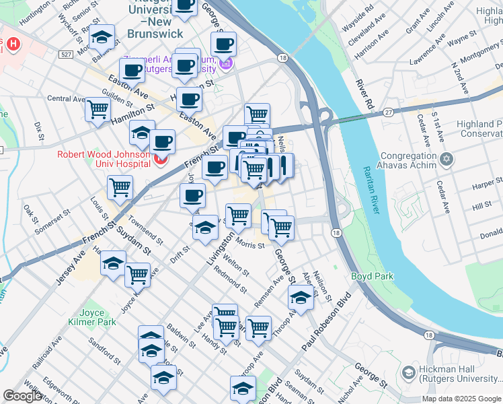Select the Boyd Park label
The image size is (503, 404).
point(372,276)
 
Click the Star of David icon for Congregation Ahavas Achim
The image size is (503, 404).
point(448,160)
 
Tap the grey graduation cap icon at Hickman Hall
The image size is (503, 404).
point(408,372)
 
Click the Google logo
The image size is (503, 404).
point(22,396)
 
